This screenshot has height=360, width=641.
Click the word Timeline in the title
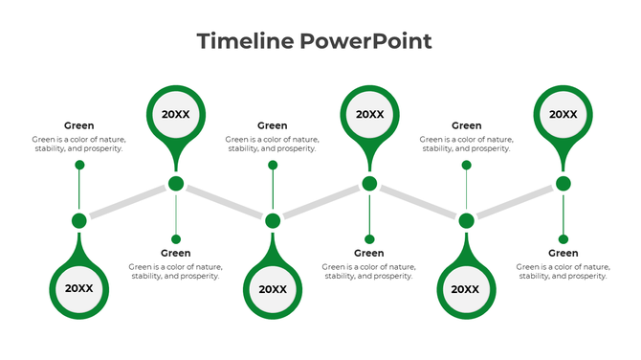244,41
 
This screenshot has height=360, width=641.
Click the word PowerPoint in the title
365,41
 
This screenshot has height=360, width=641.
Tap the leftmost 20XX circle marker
78,288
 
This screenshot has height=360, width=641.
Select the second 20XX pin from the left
176,114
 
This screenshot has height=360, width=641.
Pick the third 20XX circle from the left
273,288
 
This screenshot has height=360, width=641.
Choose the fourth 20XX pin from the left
369,114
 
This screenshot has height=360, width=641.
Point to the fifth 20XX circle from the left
466,288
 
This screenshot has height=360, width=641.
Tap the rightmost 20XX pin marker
563,114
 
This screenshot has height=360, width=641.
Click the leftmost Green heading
78,125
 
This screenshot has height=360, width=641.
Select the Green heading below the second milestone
176,253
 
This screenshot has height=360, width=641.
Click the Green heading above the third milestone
273,125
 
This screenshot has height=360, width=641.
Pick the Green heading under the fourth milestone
369,253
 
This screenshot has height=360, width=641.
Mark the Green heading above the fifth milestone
466,125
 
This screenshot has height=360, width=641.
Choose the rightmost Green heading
563,253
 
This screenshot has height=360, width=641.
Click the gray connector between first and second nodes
127,202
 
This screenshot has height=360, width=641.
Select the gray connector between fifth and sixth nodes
515,202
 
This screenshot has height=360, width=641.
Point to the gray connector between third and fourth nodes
321,202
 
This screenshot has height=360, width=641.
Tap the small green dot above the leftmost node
79,165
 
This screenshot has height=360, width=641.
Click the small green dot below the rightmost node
564,238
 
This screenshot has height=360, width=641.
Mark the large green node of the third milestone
273,221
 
